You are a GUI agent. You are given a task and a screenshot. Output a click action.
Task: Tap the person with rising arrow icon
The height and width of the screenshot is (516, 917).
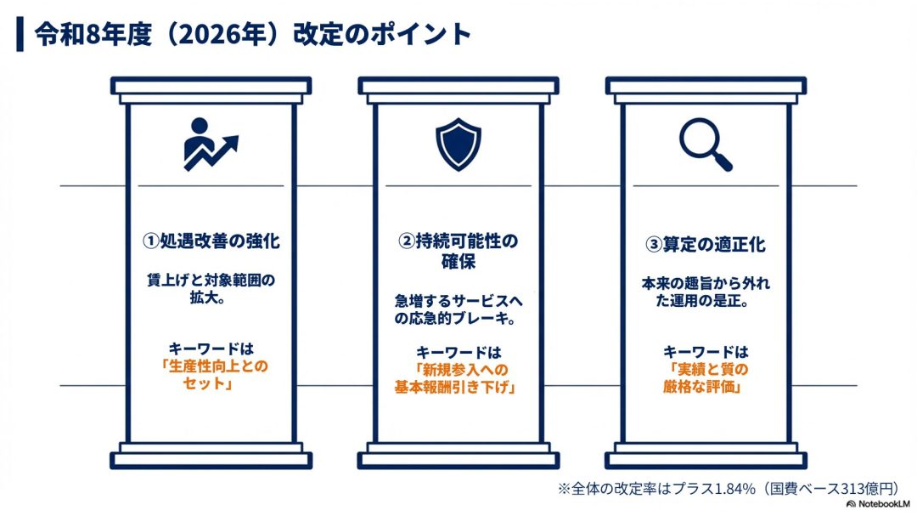[x=211, y=144]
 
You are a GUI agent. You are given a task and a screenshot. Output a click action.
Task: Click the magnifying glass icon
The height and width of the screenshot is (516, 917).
[x=706, y=144]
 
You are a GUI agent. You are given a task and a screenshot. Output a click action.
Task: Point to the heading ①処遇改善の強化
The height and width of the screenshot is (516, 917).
[x=211, y=242]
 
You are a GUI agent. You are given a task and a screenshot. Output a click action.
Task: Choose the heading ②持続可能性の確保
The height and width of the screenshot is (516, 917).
[x=458, y=252]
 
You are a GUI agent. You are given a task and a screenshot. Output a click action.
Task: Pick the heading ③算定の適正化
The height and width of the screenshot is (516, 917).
[x=706, y=245]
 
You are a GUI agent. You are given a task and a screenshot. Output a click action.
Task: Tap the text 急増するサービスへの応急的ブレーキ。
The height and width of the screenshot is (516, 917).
[x=458, y=309]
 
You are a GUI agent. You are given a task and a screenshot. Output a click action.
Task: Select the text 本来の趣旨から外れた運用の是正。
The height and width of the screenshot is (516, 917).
[x=706, y=291]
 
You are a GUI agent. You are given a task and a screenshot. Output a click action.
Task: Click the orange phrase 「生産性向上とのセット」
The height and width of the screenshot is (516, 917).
[x=211, y=375]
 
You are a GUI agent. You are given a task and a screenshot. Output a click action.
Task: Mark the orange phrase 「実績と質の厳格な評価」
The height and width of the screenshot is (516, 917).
[x=706, y=378]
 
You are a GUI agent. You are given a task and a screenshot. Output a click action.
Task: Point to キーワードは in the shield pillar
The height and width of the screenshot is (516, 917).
[x=458, y=352]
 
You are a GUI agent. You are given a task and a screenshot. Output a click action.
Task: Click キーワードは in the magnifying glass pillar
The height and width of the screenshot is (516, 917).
[x=706, y=351]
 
